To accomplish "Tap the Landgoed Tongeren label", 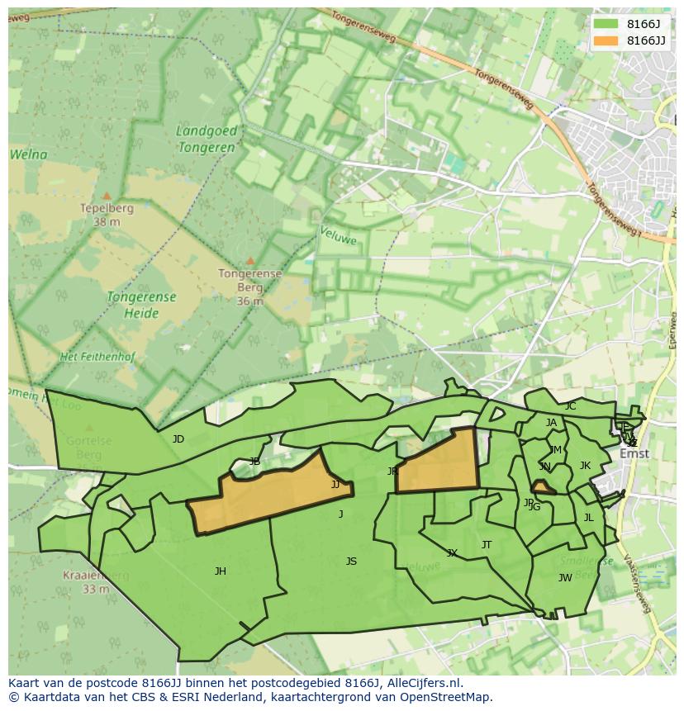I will (x=207, y=139).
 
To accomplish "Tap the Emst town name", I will (x=634, y=453).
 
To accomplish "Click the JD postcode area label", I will (x=178, y=439).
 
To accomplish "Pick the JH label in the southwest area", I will (x=220, y=571).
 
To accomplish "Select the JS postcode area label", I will (x=351, y=562).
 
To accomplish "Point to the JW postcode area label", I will (x=565, y=578).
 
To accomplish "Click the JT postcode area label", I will (x=487, y=545).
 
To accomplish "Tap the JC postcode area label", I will (x=570, y=406).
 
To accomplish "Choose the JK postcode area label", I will (x=585, y=466).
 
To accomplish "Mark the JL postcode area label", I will (x=588, y=518).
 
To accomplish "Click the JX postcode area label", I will (x=452, y=553).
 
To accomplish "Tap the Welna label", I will (x=29, y=154).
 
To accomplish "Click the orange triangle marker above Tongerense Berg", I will (x=249, y=261).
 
